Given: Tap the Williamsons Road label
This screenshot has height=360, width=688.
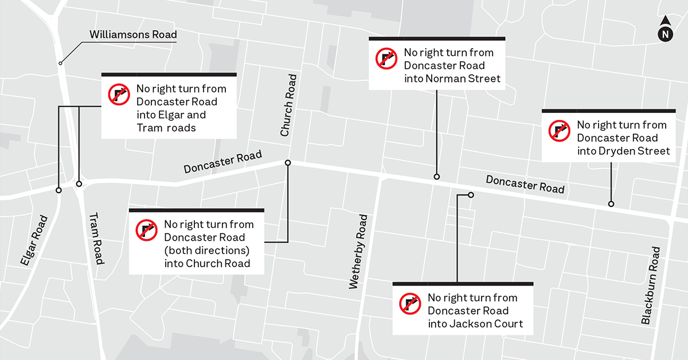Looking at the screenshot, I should [x=133, y=35].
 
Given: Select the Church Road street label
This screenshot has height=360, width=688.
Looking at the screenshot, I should [x=288, y=105].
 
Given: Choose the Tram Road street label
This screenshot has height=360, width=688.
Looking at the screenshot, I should [x=95, y=238].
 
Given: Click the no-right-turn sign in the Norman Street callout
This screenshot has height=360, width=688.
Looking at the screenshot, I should [x=386, y=58].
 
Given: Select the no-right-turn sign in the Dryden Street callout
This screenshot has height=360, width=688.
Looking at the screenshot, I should [x=559, y=131].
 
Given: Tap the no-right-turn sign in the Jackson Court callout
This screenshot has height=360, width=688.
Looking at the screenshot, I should [x=410, y=304].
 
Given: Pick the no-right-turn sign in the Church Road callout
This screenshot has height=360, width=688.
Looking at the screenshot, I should [x=146, y=230].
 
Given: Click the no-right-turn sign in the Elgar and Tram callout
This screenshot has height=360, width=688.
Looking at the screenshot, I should [x=119, y=94].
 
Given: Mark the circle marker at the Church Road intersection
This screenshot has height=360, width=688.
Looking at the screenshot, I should [x=288, y=163].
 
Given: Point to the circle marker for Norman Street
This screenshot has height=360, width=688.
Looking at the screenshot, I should [x=437, y=177].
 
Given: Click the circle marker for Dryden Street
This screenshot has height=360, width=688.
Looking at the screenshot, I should [x=611, y=204].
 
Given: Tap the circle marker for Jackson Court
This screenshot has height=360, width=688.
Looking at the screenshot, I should [x=471, y=195].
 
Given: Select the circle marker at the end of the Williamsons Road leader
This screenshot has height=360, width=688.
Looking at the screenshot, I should [x=60, y=62].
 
